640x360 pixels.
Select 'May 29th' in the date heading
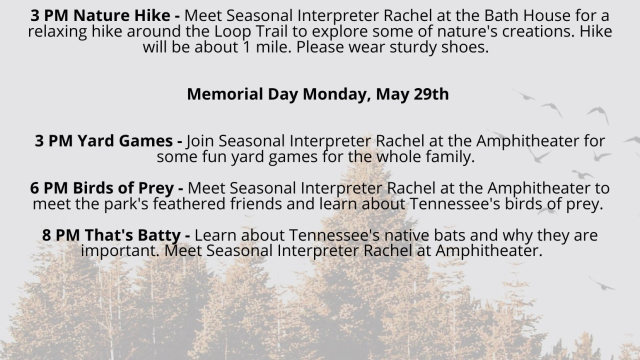(413, 95)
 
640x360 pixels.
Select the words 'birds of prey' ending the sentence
(550, 205)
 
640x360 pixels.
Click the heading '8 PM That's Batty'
(93, 235)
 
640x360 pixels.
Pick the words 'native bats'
(376, 235)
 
